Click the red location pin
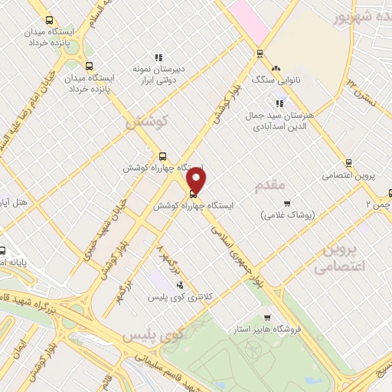point(198,180)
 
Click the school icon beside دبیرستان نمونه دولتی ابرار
point(158,57)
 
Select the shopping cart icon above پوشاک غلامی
point(287,203)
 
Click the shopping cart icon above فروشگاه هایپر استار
point(266,318)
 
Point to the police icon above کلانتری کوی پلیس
point(180,286)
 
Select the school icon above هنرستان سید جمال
point(279,103)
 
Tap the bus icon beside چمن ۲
point(390,194)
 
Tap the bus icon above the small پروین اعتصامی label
point(348,162)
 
